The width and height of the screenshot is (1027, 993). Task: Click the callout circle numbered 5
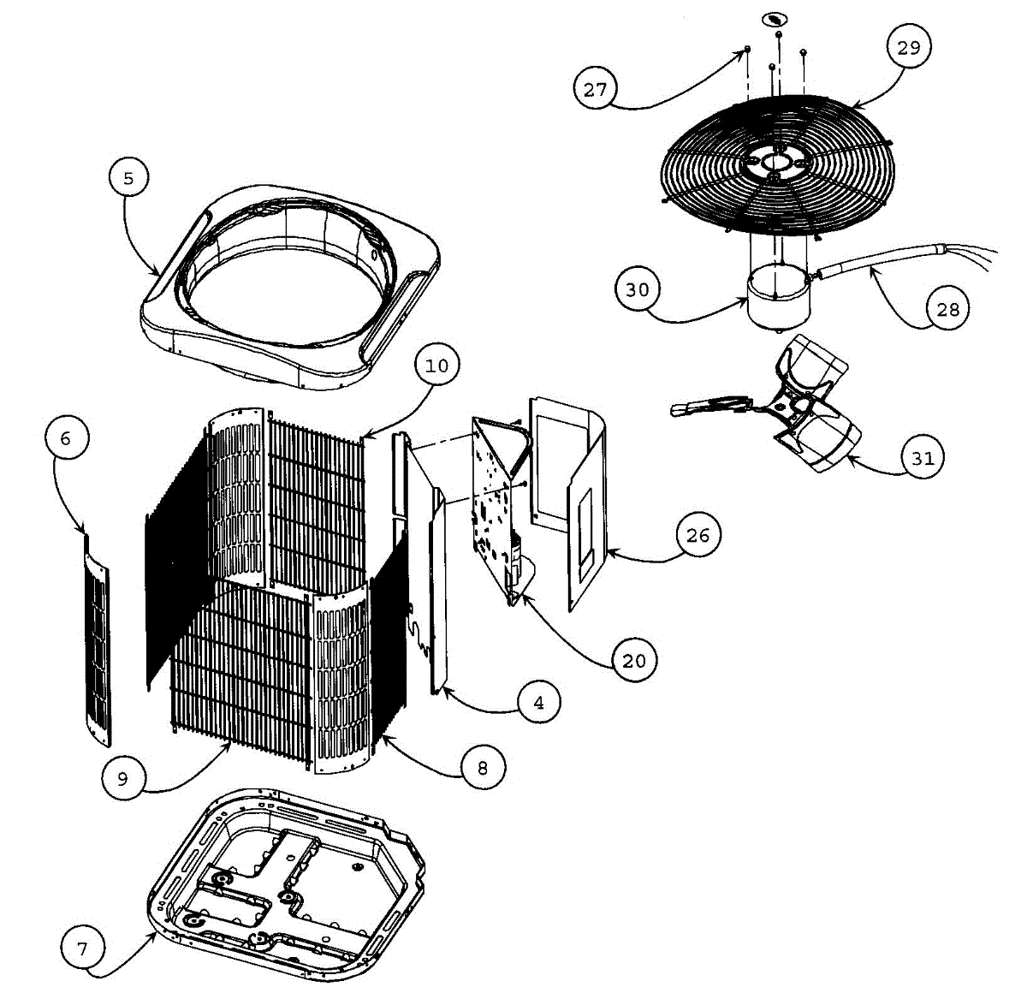128,178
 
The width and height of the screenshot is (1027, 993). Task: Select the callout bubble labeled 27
596,88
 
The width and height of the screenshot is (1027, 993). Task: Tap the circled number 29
908,47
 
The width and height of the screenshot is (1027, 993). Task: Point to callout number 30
637,289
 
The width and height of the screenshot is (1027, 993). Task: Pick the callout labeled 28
947,308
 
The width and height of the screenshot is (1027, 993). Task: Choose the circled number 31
922,458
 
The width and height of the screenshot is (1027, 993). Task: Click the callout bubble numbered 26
698,535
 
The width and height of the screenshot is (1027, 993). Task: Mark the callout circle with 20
634,661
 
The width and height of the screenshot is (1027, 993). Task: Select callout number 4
538,703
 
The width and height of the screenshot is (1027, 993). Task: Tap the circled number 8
482,768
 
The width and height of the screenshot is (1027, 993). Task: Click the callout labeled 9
122,778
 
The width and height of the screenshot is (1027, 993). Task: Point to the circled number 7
82,948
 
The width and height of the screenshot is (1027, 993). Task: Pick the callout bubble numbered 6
66,438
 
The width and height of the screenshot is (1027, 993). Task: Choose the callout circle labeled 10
436,366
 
